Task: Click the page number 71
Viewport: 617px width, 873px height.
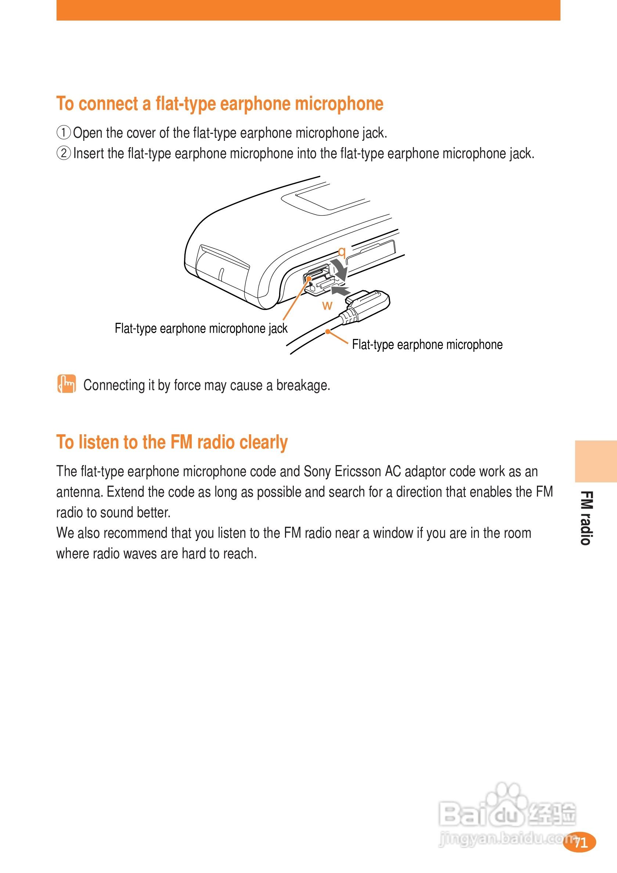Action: (x=581, y=843)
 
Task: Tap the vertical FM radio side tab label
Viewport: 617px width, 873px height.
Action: (x=586, y=518)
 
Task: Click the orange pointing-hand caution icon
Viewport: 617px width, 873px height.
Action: (x=66, y=384)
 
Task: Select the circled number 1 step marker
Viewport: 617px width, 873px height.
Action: (x=64, y=133)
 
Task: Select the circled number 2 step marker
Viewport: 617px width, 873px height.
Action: (x=64, y=153)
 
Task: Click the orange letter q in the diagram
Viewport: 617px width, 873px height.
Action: (x=342, y=252)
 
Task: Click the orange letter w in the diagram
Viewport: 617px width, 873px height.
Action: (x=327, y=305)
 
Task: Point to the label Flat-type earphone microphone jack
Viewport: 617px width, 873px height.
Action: (x=201, y=329)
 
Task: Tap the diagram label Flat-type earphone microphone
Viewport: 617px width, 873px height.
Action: (x=427, y=344)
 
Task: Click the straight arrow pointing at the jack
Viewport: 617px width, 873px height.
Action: (x=340, y=291)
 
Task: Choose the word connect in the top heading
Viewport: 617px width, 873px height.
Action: (x=108, y=104)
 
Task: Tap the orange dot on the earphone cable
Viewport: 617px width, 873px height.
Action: (x=328, y=332)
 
